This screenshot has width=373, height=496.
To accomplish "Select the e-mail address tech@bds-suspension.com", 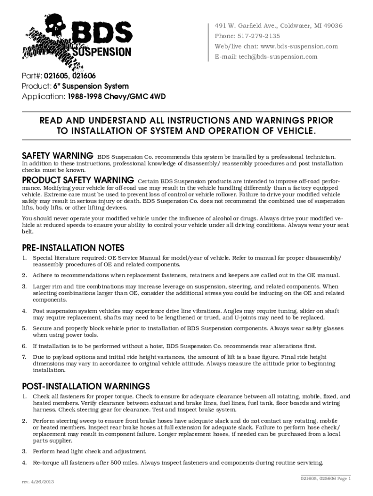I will click(x=278, y=57).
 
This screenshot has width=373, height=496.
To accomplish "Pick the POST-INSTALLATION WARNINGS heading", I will click(x=86, y=386).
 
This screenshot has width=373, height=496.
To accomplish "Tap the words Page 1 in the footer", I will click(x=342, y=479).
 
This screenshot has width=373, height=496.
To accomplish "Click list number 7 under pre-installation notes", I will click(x=24, y=357).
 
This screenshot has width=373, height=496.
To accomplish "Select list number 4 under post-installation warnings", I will click(x=24, y=462).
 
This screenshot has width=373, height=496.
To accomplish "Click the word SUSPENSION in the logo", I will click(x=101, y=51).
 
